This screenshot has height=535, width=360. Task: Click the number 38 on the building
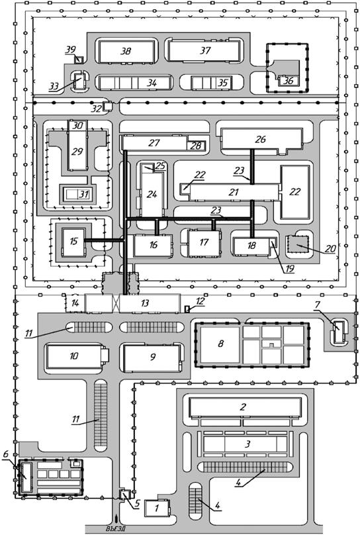click(126, 51)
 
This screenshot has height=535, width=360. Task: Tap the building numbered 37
click(204, 51)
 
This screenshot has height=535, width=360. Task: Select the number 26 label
click(260, 139)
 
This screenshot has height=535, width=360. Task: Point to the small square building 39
click(79, 60)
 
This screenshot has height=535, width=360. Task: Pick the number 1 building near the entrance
click(157, 509)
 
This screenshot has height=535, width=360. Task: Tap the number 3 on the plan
click(247, 444)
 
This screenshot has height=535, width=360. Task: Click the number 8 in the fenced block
click(220, 343)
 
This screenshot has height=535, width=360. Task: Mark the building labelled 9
click(152, 358)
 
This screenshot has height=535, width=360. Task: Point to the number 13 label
click(145, 303)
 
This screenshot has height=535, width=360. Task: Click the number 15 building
click(73, 242)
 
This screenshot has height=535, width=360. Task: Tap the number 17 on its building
click(204, 242)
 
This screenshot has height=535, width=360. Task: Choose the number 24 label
click(152, 195)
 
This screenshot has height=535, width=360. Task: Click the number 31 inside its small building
click(83, 195)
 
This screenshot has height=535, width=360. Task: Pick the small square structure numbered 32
click(108, 106)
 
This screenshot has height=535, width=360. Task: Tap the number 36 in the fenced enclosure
click(289, 81)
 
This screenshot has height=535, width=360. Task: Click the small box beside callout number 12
click(187, 309)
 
